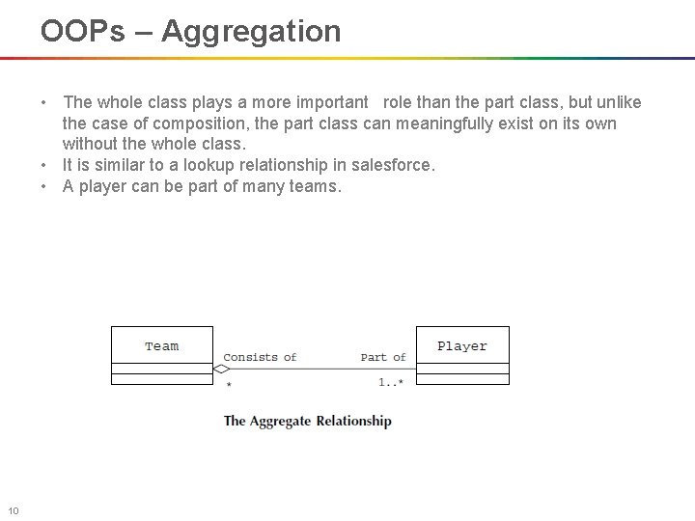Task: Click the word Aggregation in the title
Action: point(251,32)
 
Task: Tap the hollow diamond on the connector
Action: point(221,369)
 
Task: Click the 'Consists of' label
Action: point(260,357)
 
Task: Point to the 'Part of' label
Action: point(382,357)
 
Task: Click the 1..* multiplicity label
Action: point(390,383)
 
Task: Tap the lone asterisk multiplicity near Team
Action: point(229,385)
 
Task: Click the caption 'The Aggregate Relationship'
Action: point(307,421)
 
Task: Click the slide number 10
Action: point(14,510)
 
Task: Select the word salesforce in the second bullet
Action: point(395,165)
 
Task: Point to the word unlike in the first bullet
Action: point(617,102)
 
